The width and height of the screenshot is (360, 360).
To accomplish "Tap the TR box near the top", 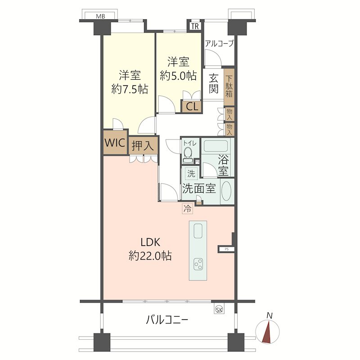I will (x=194, y=26).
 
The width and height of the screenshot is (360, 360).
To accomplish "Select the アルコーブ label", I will (x=219, y=44).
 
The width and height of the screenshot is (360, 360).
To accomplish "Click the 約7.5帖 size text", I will (x=130, y=89).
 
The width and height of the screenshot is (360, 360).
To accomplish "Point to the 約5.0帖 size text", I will (x=178, y=76).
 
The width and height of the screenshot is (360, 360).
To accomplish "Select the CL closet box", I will (x=192, y=107).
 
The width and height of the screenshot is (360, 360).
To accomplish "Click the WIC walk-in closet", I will (x=115, y=143).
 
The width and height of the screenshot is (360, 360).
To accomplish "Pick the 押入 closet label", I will (x=144, y=146).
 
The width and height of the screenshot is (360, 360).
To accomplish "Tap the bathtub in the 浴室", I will (x=216, y=146).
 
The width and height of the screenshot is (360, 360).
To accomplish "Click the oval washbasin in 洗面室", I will (x=226, y=191).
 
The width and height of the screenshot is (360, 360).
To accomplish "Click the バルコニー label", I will (x=167, y=320).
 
